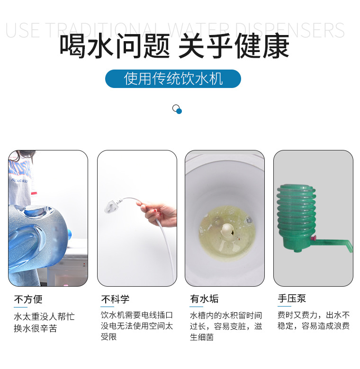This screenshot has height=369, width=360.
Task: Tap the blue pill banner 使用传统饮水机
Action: (x=173, y=79)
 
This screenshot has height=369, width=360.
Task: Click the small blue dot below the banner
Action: (x=179, y=111)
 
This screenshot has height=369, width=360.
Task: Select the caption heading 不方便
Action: (x=28, y=299)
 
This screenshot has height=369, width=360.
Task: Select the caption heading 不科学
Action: (x=115, y=299)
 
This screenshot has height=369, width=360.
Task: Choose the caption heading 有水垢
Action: (x=204, y=299)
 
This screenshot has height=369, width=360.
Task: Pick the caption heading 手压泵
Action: (x=291, y=299)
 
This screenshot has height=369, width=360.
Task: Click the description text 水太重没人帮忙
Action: (x=44, y=316)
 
